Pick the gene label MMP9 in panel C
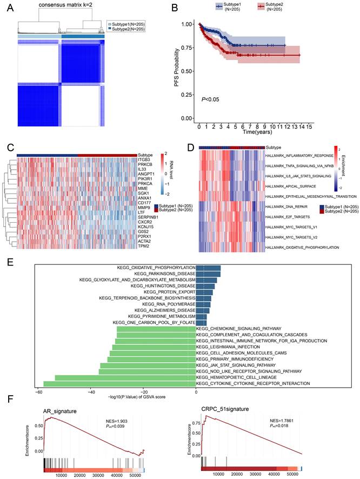(144, 208)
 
